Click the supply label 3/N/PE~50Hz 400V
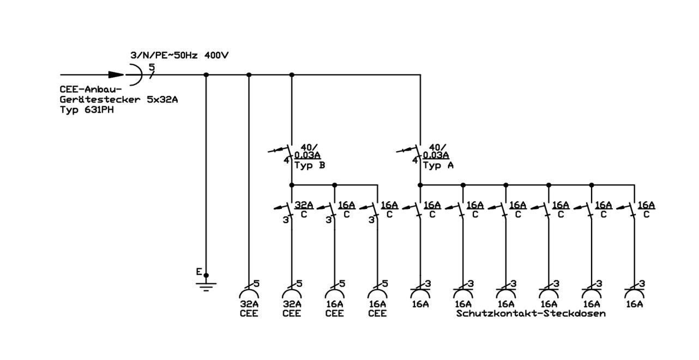pyautogui.click(x=179, y=56)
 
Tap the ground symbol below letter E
pyautogui.click(x=206, y=287)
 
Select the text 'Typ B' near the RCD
pyautogui.click(x=310, y=165)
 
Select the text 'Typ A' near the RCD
pyautogui.click(x=438, y=165)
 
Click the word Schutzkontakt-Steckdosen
pyautogui.click(x=531, y=314)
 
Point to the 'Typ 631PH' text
pyautogui.click(x=87, y=110)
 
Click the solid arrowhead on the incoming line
pyautogui.click(x=116, y=75)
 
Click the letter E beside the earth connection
pyautogui.click(x=199, y=272)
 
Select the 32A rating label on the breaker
pyautogui.click(x=304, y=205)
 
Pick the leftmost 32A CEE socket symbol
pyautogui.click(x=249, y=293)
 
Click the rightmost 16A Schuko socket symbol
pyautogui.click(x=634, y=293)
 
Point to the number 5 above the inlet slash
pyautogui.click(x=152, y=67)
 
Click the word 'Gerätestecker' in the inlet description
pyautogui.click(x=100, y=100)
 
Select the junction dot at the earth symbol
pyautogui.click(x=206, y=275)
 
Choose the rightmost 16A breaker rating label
pyautogui.click(x=646, y=205)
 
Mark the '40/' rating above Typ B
pyautogui.click(x=309, y=147)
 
